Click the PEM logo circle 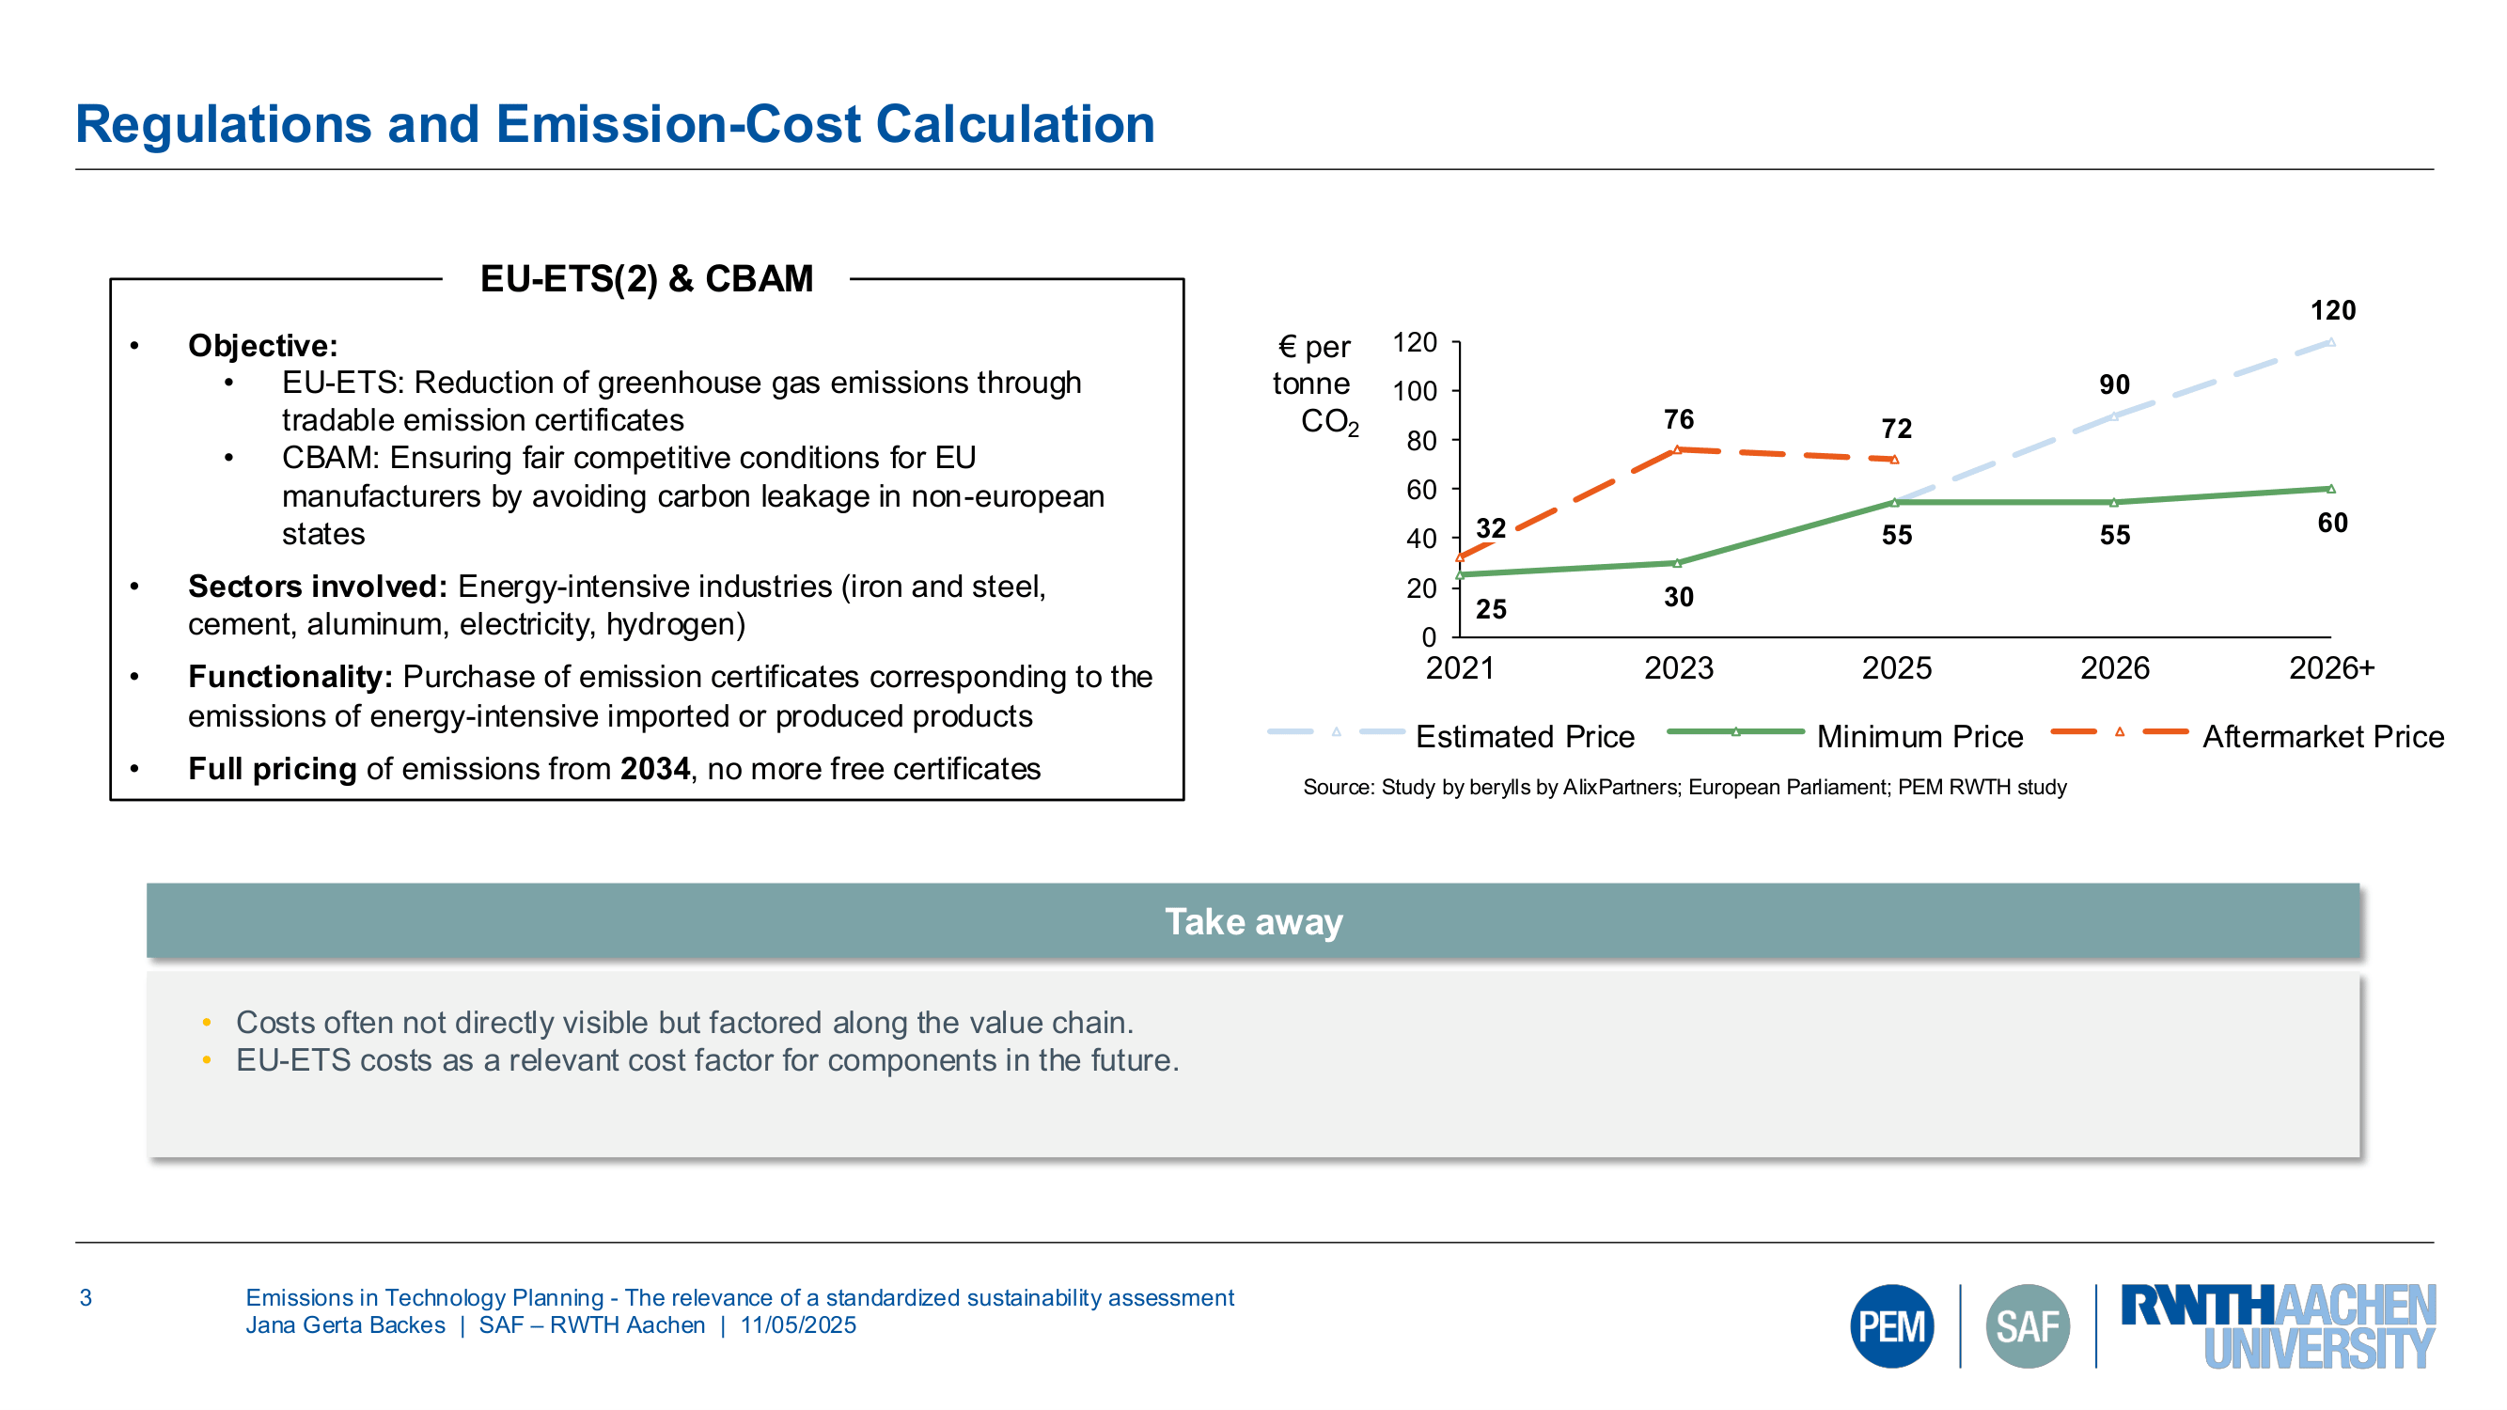pyautogui.click(x=1891, y=1325)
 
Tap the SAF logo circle pyautogui.click(x=2028, y=1325)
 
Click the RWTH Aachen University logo pyautogui.click(x=2278, y=1325)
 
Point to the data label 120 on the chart pyautogui.click(x=2333, y=310)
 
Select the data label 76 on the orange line pyautogui.click(x=1678, y=419)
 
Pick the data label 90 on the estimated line pyautogui.click(x=2114, y=384)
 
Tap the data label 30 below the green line pyautogui.click(x=1678, y=597)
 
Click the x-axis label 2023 pyautogui.click(x=1678, y=667)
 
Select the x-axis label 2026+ pyautogui.click(x=2331, y=667)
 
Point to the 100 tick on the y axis pyautogui.click(x=1414, y=391)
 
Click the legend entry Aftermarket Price pyautogui.click(x=2322, y=736)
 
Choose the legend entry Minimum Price pyautogui.click(x=1919, y=736)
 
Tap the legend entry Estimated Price pyautogui.click(x=1524, y=736)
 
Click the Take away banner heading pyautogui.click(x=1254, y=920)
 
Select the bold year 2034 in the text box pyautogui.click(x=655, y=769)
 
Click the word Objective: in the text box pyautogui.click(x=263, y=345)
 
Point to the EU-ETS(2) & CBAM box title pyautogui.click(x=646, y=279)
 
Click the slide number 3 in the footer pyautogui.click(x=86, y=1297)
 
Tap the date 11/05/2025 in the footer pyautogui.click(x=798, y=1324)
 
